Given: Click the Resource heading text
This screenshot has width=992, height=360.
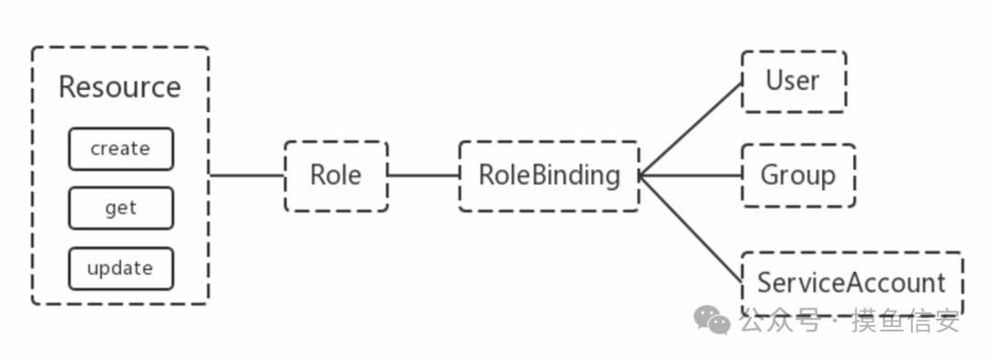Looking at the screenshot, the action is [119, 87].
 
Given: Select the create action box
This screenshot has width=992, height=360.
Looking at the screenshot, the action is [121, 149].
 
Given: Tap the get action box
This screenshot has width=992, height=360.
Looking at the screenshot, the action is [121, 208].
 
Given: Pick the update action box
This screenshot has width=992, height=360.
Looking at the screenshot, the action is [121, 268].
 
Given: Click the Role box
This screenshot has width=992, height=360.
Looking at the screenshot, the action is [336, 176].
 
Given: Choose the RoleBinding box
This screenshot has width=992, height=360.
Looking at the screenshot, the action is [549, 176].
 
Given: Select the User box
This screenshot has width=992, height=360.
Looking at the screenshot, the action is [794, 82].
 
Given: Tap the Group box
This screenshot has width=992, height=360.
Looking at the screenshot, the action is [798, 175].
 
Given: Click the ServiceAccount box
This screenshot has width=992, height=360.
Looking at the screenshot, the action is [851, 284].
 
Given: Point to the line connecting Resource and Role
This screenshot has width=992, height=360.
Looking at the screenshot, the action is [247, 175].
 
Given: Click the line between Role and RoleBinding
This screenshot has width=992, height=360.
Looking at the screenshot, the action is [423, 175].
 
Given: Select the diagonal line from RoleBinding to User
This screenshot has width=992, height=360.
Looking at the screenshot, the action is [690, 129].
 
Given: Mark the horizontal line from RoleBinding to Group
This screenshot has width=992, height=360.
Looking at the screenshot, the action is [690, 175].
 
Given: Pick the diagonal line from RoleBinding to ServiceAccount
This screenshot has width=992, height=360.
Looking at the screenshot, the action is [690, 229].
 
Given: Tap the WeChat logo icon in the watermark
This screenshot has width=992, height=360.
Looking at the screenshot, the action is [712, 320].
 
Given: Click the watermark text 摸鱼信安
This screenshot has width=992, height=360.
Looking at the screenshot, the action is [905, 321].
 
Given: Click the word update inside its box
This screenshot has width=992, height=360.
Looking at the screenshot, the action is [120, 268].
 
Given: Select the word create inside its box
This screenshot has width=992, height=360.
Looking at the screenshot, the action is [120, 149].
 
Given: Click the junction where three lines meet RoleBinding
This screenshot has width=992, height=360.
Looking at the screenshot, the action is [639, 176].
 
